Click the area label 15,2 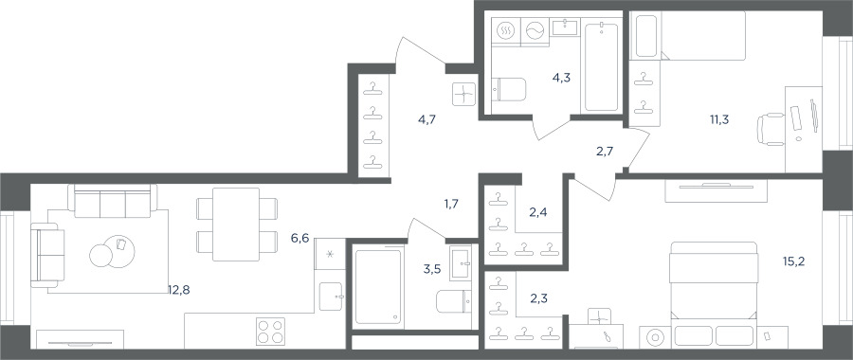tap(793, 261)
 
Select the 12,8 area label tap(179, 290)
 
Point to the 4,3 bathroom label tap(561, 78)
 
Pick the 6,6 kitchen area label tap(299, 238)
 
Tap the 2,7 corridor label tap(605, 152)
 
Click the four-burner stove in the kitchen tap(271, 331)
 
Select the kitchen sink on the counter tap(331, 297)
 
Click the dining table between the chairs tap(236, 224)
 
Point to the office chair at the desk tap(771, 130)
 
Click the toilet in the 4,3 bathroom tap(509, 90)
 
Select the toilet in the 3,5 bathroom tap(454, 301)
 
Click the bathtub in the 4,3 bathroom tap(601, 67)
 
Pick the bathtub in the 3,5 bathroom tap(377, 287)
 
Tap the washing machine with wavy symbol tap(535, 32)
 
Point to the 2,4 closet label tap(538, 212)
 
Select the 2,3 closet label tap(538, 297)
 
